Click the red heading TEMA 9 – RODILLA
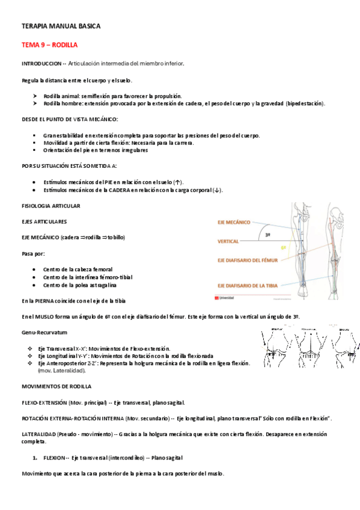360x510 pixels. tap(49, 45)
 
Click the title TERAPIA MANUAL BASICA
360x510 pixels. tap(61, 26)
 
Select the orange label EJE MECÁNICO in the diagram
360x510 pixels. tap(234, 222)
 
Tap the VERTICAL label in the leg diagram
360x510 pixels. tap(228, 241)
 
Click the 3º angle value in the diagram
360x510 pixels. tap(267, 235)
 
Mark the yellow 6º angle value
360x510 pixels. tap(283, 247)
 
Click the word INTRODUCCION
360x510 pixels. tap(41, 63)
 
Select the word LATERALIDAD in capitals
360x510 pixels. tap(39, 434)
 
